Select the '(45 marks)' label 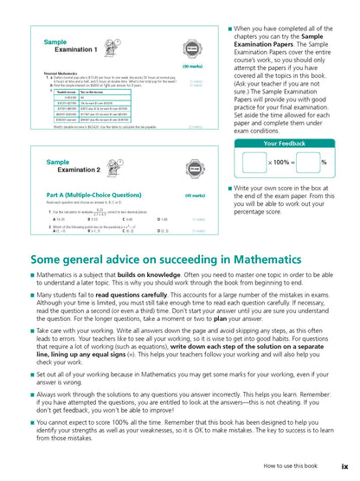[194, 196]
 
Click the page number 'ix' [344, 466]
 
